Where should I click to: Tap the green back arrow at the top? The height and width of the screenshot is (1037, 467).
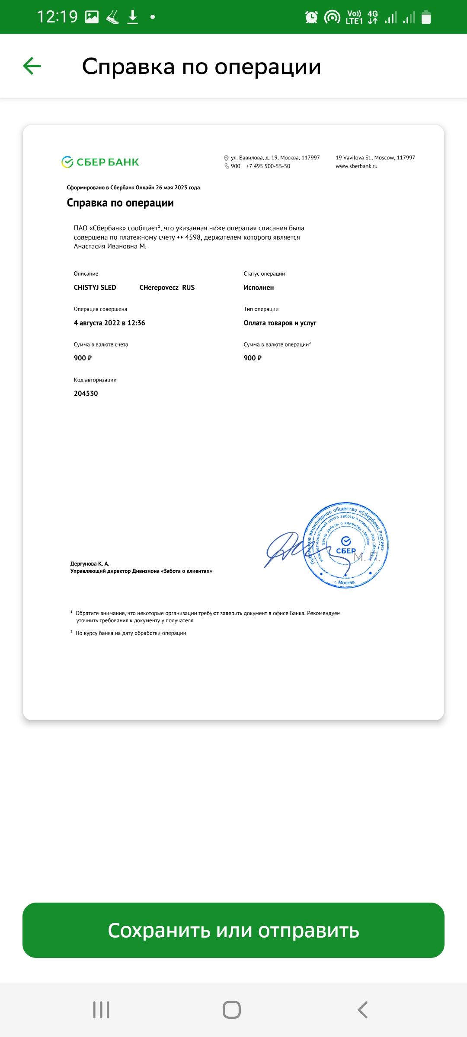[32, 66]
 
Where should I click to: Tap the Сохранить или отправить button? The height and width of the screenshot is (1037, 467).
[233, 930]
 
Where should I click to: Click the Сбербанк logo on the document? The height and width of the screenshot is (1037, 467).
[100, 162]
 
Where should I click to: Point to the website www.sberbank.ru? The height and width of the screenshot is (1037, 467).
[356, 166]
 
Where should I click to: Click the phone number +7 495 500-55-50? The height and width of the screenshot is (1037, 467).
[268, 166]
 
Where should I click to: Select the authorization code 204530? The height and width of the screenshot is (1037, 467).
[86, 393]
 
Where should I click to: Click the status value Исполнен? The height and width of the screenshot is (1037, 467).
[259, 288]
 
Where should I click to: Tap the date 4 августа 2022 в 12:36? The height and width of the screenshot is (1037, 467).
[109, 323]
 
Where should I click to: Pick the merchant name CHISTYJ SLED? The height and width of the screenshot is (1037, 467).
[95, 288]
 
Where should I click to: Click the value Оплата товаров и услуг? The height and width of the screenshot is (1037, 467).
[280, 323]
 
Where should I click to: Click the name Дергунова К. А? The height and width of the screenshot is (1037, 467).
[90, 564]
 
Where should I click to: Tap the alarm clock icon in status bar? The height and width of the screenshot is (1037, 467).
[311, 17]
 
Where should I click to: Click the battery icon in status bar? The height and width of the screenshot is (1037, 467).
[426, 17]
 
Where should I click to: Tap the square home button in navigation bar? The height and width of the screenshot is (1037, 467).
[232, 1010]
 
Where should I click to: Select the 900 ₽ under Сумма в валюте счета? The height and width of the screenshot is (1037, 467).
[83, 358]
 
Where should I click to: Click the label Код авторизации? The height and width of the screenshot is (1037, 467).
[95, 380]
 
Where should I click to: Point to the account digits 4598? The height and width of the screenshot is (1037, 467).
[193, 237]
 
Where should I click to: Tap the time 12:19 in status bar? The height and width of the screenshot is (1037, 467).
[57, 17]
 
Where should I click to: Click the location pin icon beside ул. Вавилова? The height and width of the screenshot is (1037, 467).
[226, 158]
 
